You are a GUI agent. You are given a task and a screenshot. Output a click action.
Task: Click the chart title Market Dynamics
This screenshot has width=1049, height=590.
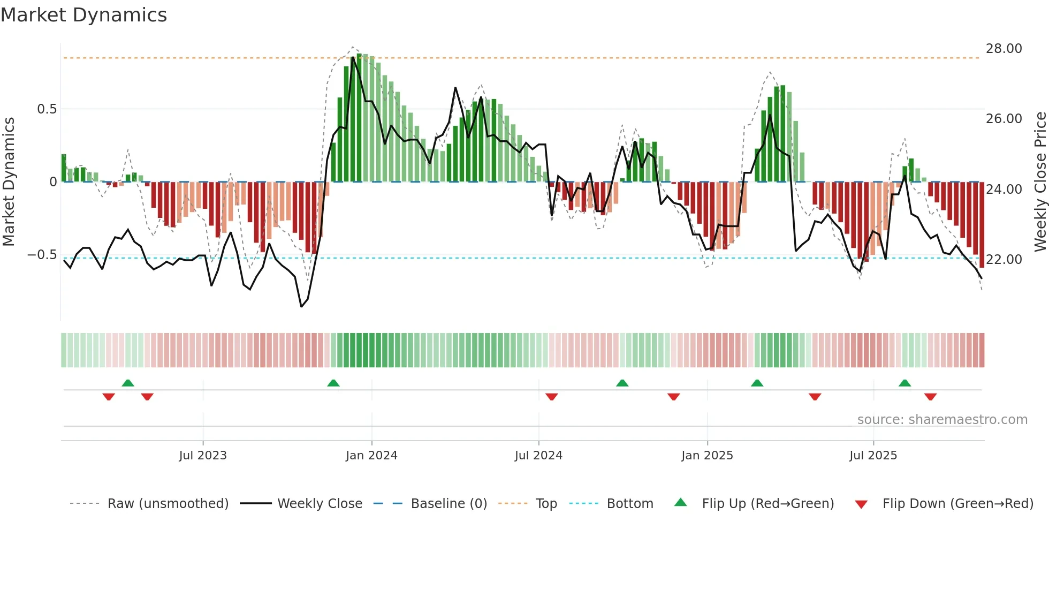[83, 15]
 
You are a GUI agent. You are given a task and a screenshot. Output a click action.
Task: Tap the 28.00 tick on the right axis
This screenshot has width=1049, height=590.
[1004, 49]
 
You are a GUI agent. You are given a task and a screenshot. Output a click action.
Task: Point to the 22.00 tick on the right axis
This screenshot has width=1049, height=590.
[1004, 260]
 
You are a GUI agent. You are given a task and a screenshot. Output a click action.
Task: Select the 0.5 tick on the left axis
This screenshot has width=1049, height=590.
[47, 109]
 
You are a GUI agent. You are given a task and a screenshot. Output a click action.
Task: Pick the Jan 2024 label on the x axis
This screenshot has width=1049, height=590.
[371, 456]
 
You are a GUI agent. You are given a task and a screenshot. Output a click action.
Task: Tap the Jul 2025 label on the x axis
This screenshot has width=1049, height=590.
[873, 456]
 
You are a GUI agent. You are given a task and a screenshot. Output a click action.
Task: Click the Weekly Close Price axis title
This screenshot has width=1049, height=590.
[1040, 181]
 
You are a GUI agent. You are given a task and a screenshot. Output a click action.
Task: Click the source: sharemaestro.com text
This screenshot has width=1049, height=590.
[942, 420]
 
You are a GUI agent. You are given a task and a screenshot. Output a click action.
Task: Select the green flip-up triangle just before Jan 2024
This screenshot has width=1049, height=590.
[333, 383]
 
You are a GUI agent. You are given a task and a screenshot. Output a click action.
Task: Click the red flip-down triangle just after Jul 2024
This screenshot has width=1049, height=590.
[552, 397]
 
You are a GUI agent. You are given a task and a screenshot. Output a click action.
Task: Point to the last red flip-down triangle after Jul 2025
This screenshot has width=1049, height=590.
[930, 397]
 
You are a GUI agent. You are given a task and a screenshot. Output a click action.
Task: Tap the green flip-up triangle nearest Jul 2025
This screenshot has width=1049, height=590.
[904, 383]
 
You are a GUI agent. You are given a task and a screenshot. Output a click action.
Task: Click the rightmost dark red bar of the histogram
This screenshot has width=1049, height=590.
[982, 225]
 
